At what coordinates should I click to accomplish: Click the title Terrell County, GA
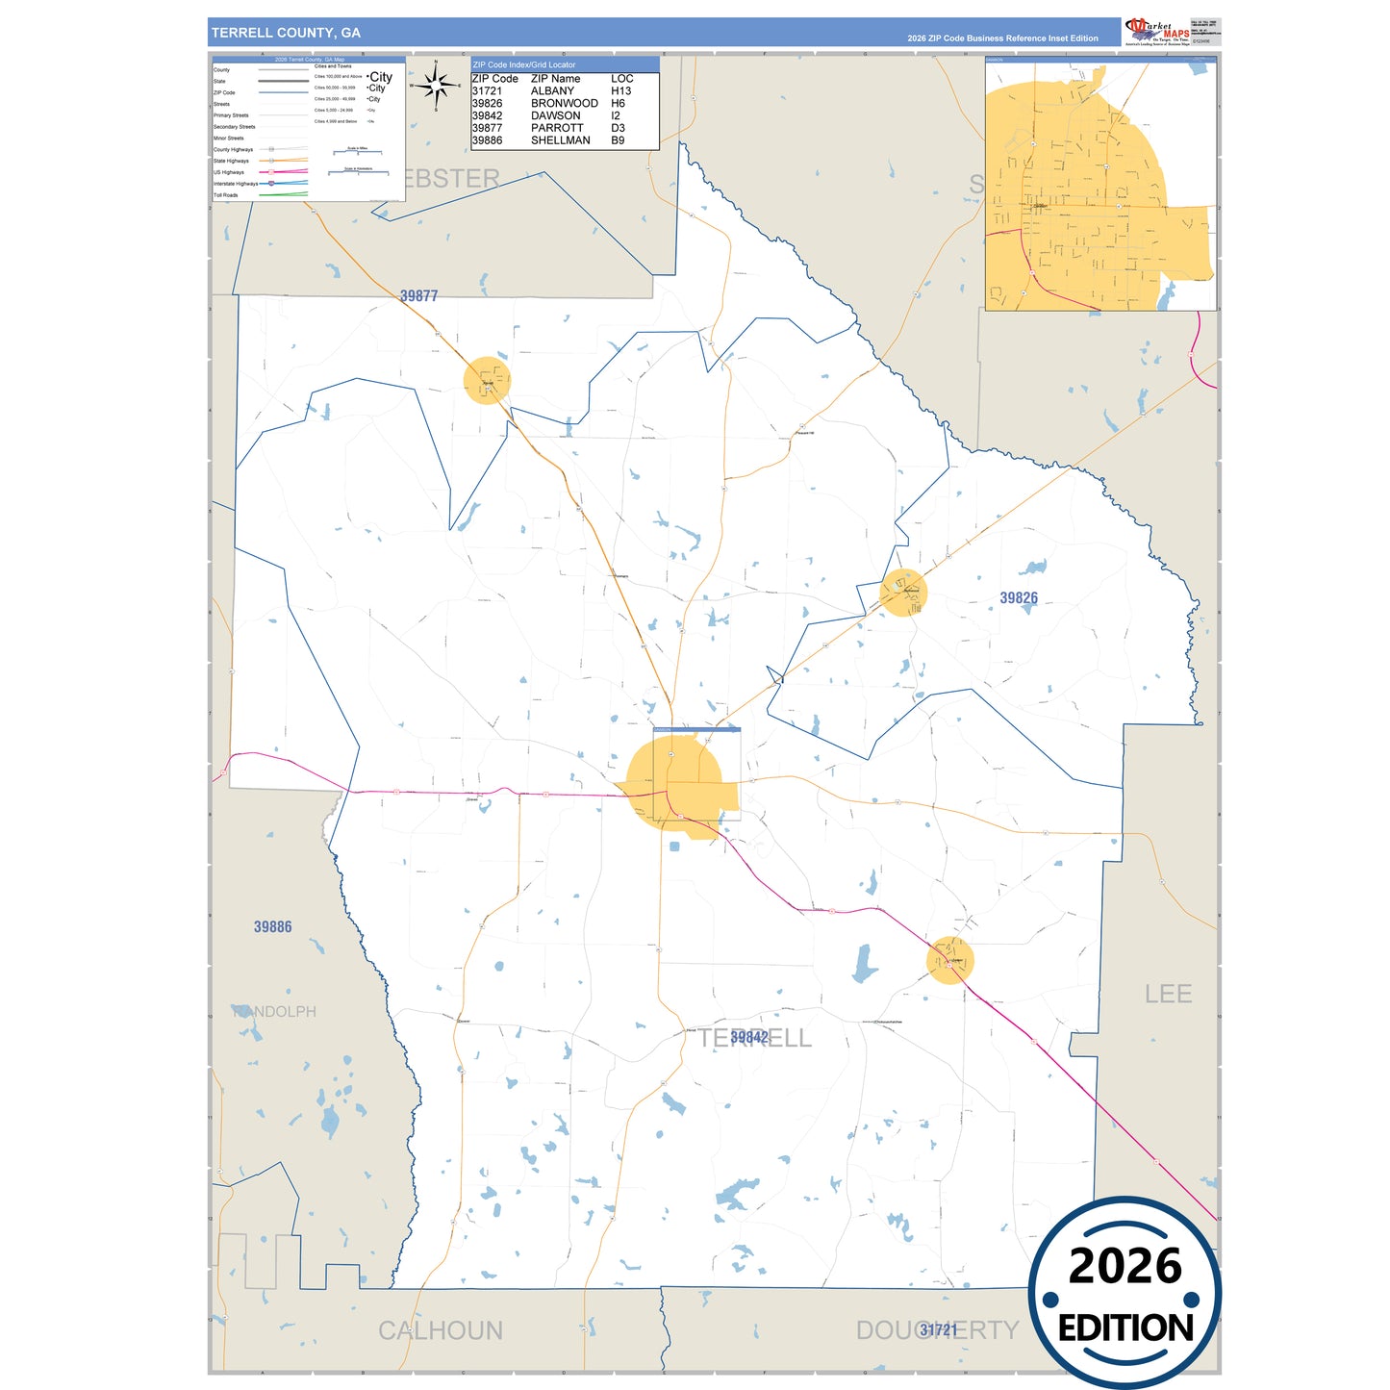(286, 33)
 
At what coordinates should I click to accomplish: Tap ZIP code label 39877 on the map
(419, 296)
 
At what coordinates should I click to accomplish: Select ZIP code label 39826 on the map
(1019, 598)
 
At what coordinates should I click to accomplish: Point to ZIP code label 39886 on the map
(273, 927)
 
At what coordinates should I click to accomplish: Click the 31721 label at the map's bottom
(939, 1330)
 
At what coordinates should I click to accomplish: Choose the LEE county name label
(1168, 995)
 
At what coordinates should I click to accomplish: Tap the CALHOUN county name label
(441, 1330)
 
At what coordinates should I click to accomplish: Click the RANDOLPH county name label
(274, 1012)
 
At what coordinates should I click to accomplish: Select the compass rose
(437, 87)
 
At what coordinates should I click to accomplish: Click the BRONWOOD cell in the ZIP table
(565, 104)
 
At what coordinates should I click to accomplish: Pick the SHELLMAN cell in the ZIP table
(561, 140)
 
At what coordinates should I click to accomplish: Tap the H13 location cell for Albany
(621, 91)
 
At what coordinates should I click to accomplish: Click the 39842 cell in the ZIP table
(487, 116)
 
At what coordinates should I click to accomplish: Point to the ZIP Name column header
(556, 79)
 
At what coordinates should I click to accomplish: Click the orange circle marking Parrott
(487, 381)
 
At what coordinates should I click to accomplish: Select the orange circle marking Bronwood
(903, 593)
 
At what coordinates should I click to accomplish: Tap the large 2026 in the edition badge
(1125, 1266)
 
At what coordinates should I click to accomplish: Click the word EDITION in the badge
(1125, 1328)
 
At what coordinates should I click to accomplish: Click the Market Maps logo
(1157, 32)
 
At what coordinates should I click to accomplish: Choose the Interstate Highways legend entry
(236, 184)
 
